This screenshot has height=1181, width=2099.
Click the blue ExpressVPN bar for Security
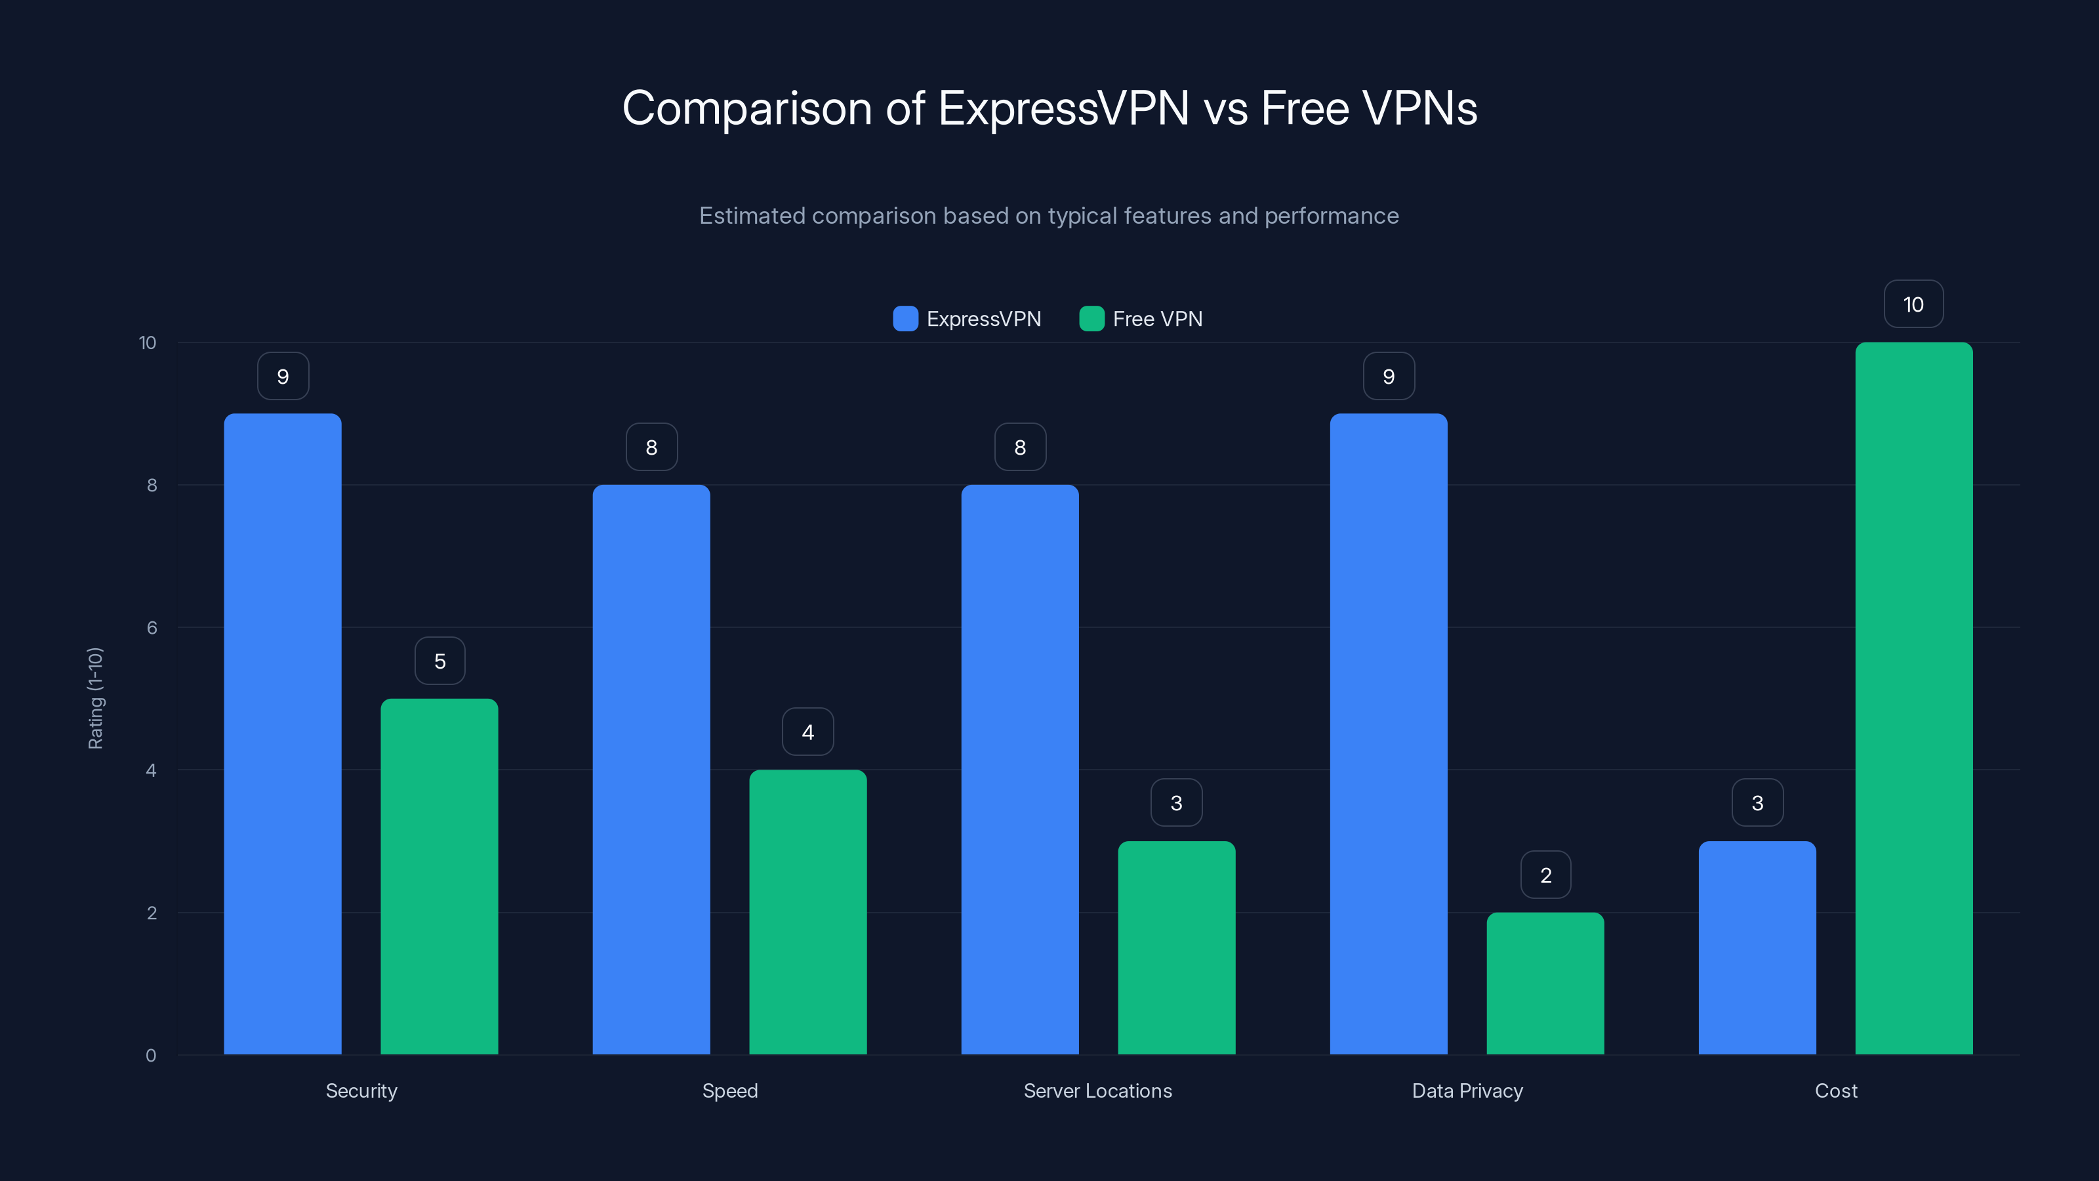[x=283, y=734]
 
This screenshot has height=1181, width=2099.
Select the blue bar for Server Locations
[x=1019, y=770]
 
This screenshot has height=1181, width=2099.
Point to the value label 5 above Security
[x=440, y=661]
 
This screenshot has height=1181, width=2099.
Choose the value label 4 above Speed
[x=807, y=732]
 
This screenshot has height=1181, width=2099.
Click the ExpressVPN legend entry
[x=968, y=319]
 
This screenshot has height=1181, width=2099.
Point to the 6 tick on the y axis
[x=152, y=628]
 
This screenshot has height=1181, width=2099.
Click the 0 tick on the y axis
[x=151, y=1056]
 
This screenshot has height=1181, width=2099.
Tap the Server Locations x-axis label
[x=1097, y=1090]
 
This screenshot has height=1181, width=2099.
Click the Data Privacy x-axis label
[x=1467, y=1090]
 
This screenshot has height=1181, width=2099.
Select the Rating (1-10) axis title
[x=95, y=699]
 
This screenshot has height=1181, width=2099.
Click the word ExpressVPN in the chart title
[x=1063, y=108]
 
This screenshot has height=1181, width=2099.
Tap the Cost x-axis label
[x=1836, y=1090]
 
